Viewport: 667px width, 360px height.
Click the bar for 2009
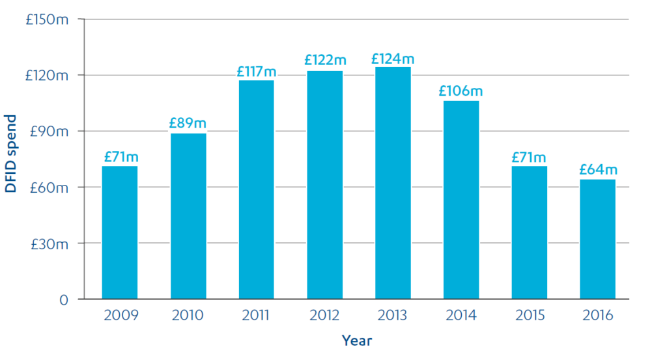[x=120, y=232]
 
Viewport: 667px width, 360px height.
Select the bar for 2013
[x=393, y=183]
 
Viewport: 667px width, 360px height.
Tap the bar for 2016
[x=598, y=239]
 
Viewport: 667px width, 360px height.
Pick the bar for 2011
[x=257, y=189]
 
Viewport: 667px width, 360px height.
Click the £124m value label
[x=393, y=59]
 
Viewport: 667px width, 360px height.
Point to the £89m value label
[x=188, y=123]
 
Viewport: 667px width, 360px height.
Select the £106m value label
[x=461, y=91]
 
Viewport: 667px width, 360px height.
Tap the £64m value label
[x=598, y=170]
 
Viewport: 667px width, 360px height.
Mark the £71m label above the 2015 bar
[x=529, y=157]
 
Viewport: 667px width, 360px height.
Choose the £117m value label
[x=257, y=71]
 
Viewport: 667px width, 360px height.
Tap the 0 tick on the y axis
[x=64, y=300]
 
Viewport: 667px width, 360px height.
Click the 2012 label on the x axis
[x=325, y=316]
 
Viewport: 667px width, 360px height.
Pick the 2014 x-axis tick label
[x=461, y=316]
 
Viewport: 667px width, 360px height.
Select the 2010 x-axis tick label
[x=188, y=316]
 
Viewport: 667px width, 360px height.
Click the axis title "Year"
[x=357, y=340]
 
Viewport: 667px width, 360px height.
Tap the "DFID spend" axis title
[x=11, y=154]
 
